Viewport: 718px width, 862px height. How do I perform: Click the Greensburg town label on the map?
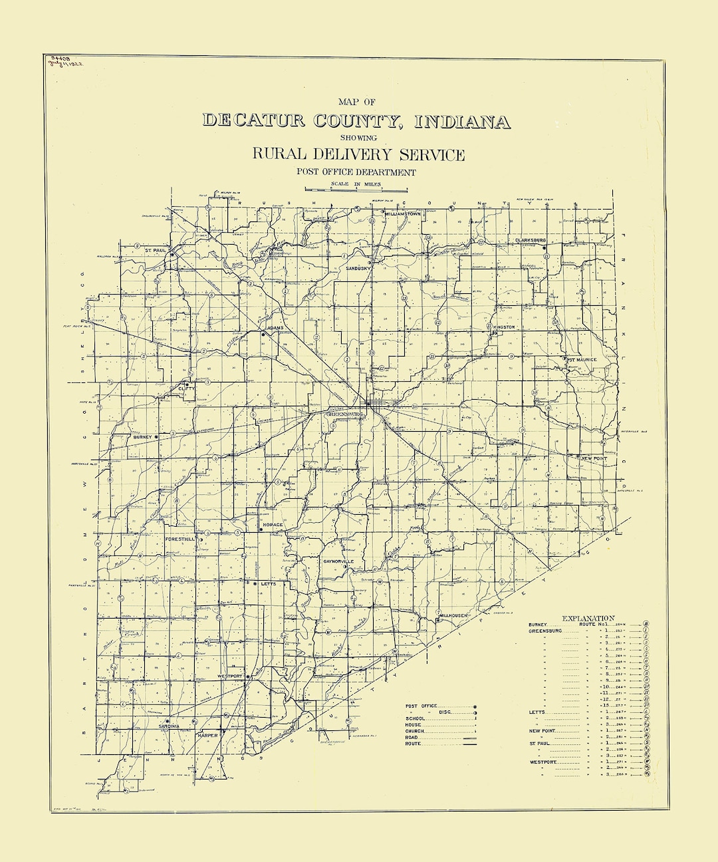pyautogui.click(x=345, y=413)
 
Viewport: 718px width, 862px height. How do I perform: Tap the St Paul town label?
pyautogui.click(x=155, y=250)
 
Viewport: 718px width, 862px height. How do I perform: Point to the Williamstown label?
pyautogui.click(x=404, y=214)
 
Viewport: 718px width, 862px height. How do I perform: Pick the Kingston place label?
pyautogui.click(x=505, y=327)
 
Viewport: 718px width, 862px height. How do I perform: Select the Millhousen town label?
pyautogui.click(x=454, y=615)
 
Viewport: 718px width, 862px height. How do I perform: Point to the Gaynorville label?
pyautogui.click(x=342, y=562)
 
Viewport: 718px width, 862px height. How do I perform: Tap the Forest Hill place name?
pyautogui.click(x=180, y=539)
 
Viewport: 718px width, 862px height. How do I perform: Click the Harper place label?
pyautogui.click(x=207, y=736)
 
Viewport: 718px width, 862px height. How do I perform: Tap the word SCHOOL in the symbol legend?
pyautogui.click(x=416, y=719)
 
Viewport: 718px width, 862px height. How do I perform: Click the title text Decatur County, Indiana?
pyautogui.click(x=356, y=121)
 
